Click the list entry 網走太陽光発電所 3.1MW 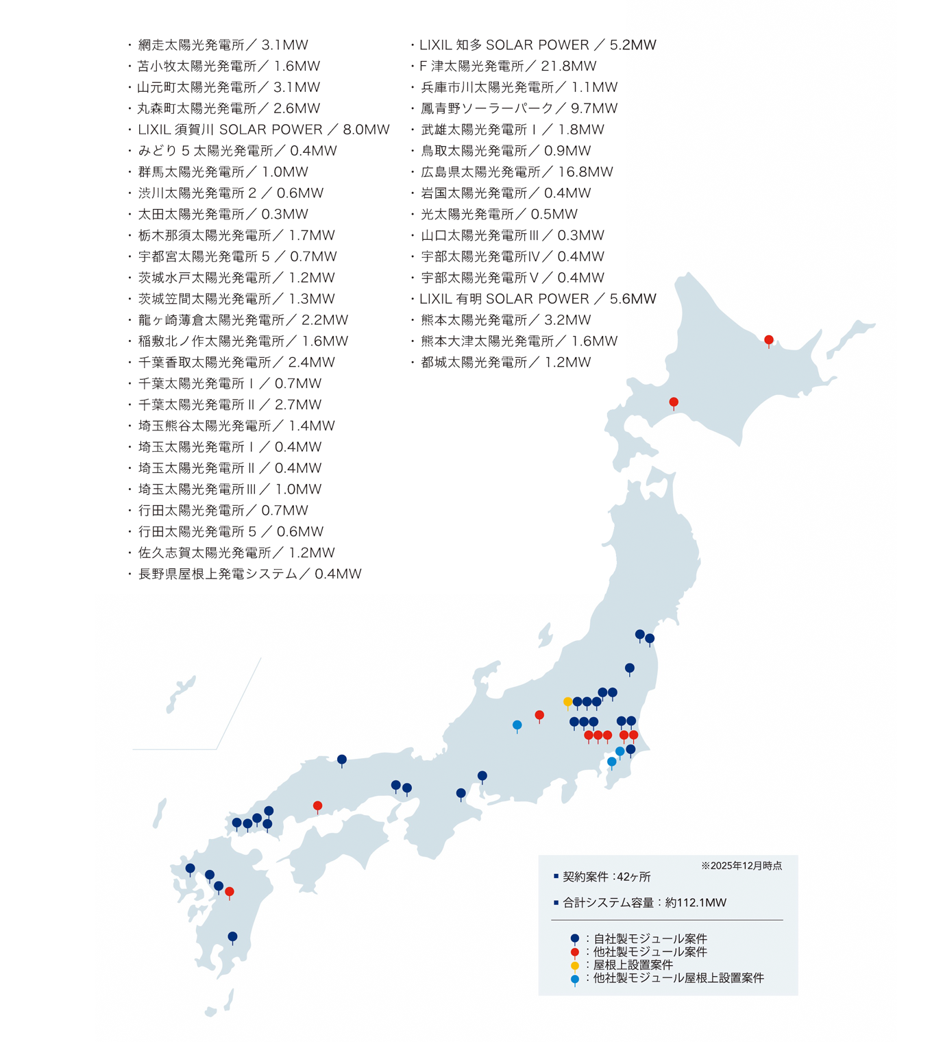tap(223, 45)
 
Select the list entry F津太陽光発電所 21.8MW tap(508, 66)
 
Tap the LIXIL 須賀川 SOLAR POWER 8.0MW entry tap(263, 130)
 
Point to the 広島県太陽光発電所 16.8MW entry tap(516, 172)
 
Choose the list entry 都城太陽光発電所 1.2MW tap(505, 363)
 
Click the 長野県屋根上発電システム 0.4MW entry tap(249, 574)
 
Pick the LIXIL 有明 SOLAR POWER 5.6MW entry tap(537, 299)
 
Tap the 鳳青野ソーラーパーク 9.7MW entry tap(519, 108)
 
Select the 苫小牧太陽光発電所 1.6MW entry tap(228, 66)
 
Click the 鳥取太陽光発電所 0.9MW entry tap(505, 151)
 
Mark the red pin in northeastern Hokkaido tap(769, 340)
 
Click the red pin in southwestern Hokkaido tap(674, 402)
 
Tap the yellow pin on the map tap(567, 702)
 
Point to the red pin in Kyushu tap(230, 892)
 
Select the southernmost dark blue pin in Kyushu tap(232, 936)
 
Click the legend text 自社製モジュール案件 tap(650, 938)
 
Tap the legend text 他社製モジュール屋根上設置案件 tap(678, 978)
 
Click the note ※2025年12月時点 tap(741, 866)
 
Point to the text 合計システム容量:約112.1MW tap(644, 903)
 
